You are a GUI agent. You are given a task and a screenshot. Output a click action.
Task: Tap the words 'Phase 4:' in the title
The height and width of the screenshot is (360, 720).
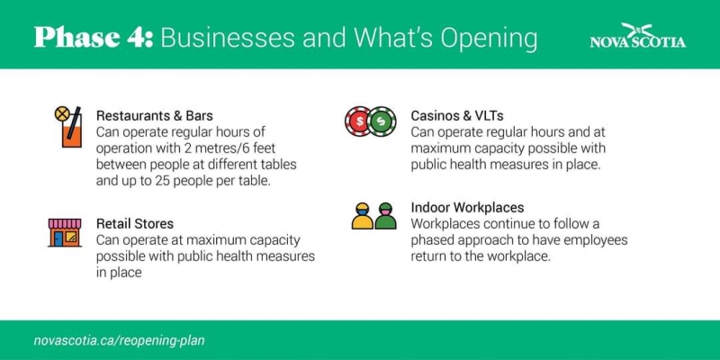94,38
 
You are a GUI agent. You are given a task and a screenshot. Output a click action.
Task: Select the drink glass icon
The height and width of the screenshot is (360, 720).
68,127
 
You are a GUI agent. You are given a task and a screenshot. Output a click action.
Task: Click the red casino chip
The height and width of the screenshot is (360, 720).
358,121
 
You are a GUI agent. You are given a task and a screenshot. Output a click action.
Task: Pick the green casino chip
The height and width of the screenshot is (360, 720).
382,121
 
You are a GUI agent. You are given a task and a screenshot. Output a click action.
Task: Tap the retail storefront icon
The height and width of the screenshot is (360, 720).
64,233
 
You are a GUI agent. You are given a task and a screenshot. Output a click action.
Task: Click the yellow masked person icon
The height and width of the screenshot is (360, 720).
363,216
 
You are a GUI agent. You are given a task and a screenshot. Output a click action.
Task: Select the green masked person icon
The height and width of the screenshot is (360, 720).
385,216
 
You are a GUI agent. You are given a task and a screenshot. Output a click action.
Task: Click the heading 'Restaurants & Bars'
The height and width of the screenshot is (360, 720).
154,115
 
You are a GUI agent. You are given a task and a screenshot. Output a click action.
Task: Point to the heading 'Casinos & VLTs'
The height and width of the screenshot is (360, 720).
457,115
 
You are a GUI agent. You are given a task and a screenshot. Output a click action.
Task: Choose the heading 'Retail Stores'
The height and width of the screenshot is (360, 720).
135,223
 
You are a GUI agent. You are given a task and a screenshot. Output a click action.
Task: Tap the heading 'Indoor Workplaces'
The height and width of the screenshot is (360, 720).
467,208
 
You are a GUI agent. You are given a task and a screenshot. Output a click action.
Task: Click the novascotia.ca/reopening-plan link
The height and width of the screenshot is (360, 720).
120,341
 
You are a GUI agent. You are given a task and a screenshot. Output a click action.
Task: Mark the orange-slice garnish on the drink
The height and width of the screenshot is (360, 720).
61,113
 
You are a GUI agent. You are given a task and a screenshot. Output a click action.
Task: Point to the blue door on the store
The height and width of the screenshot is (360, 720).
58,238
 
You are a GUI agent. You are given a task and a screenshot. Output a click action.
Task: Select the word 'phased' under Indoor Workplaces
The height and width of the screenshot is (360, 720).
433,241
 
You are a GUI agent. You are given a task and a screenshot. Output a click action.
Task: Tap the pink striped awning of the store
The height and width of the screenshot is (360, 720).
65,223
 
